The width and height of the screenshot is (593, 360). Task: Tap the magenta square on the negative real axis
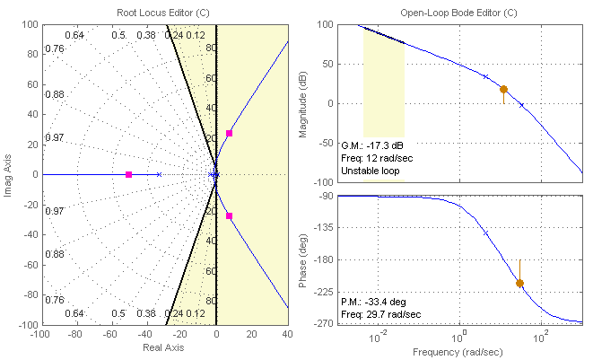click(x=129, y=174)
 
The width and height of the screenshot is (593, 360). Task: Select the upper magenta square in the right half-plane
click(x=229, y=133)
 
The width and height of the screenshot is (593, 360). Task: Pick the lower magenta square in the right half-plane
click(x=229, y=215)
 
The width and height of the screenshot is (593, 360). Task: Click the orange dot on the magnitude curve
click(x=503, y=90)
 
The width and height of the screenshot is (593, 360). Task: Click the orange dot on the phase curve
click(x=519, y=283)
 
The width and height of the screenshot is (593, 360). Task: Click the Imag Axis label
click(x=8, y=174)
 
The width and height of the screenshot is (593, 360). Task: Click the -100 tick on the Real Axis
click(x=41, y=333)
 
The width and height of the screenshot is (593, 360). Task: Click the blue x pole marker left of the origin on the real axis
click(x=159, y=174)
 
